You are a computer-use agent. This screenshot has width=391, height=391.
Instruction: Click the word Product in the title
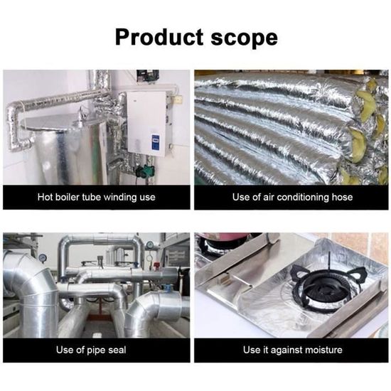click(159, 38)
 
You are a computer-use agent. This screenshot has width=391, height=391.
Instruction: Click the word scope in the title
click(244, 38)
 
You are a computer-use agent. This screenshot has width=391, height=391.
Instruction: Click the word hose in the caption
click(342, 197)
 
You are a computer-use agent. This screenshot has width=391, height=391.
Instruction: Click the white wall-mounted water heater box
click(146, 123)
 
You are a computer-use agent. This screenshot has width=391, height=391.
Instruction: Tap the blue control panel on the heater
click(156, 139)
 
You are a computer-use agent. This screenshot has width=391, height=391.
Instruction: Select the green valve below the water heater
click(144, 170)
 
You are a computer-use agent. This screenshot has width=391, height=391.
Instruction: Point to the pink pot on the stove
click(225, 237)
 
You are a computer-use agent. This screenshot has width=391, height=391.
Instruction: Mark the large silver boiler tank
click(68, 149)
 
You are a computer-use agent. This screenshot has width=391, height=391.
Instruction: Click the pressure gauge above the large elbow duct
click(43, 257)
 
